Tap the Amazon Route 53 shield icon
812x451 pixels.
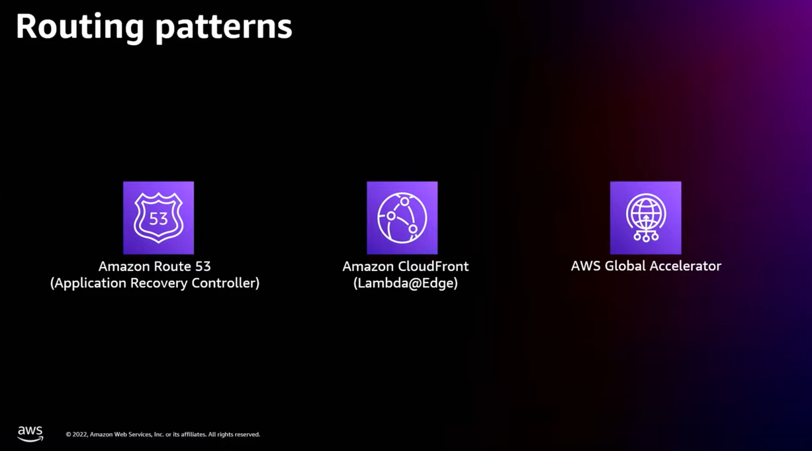click(x=158, y=217)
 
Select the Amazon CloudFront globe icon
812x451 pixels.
click(x=402, y=217)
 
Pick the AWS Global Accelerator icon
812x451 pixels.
click(x=645, y=217)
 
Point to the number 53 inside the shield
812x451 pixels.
click(x=158, y=219)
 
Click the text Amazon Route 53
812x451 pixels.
click(x=154, y=266)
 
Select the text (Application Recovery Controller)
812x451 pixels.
click(x=155, y=283)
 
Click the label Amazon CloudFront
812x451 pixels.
click(x=405, y=266)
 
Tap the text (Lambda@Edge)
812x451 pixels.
click(x=405, y=283)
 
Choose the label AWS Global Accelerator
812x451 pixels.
click(x=646, y=266)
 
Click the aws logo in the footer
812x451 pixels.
click(x=30, y=433)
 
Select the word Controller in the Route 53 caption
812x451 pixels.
click(x=225, y=283)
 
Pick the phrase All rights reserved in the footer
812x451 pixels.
click(x=234, y=434)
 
